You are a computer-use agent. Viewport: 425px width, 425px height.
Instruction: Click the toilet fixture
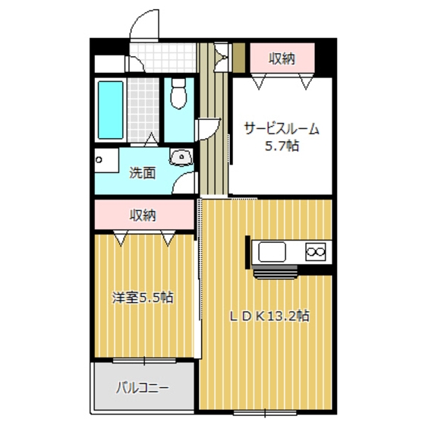178,93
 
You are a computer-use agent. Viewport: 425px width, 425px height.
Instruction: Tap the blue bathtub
110,110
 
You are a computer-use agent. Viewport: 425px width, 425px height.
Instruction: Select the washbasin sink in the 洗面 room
181,157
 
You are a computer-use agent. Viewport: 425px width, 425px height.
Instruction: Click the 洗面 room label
143,173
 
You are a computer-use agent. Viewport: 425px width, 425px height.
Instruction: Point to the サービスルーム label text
282,129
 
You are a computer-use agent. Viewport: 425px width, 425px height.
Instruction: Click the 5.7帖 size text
282,146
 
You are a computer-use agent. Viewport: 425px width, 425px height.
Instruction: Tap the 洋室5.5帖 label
143,297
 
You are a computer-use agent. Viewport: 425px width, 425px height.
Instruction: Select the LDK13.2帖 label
269,316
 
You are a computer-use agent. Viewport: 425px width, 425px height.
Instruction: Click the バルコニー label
143,388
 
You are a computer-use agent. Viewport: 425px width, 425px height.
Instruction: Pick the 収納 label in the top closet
282,58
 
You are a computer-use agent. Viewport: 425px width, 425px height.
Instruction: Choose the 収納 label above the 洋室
143,216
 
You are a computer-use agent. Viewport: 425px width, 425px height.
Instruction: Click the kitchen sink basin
272,252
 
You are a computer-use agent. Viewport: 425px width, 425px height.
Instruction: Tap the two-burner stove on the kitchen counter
316,252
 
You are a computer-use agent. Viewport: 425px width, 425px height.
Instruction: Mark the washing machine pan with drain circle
106,160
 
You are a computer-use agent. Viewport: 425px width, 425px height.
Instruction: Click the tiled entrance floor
162,58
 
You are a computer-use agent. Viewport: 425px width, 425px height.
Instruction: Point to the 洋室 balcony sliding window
144,360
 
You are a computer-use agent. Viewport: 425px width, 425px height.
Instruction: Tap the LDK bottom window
265,413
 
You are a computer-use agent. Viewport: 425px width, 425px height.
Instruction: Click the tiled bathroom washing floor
143,110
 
